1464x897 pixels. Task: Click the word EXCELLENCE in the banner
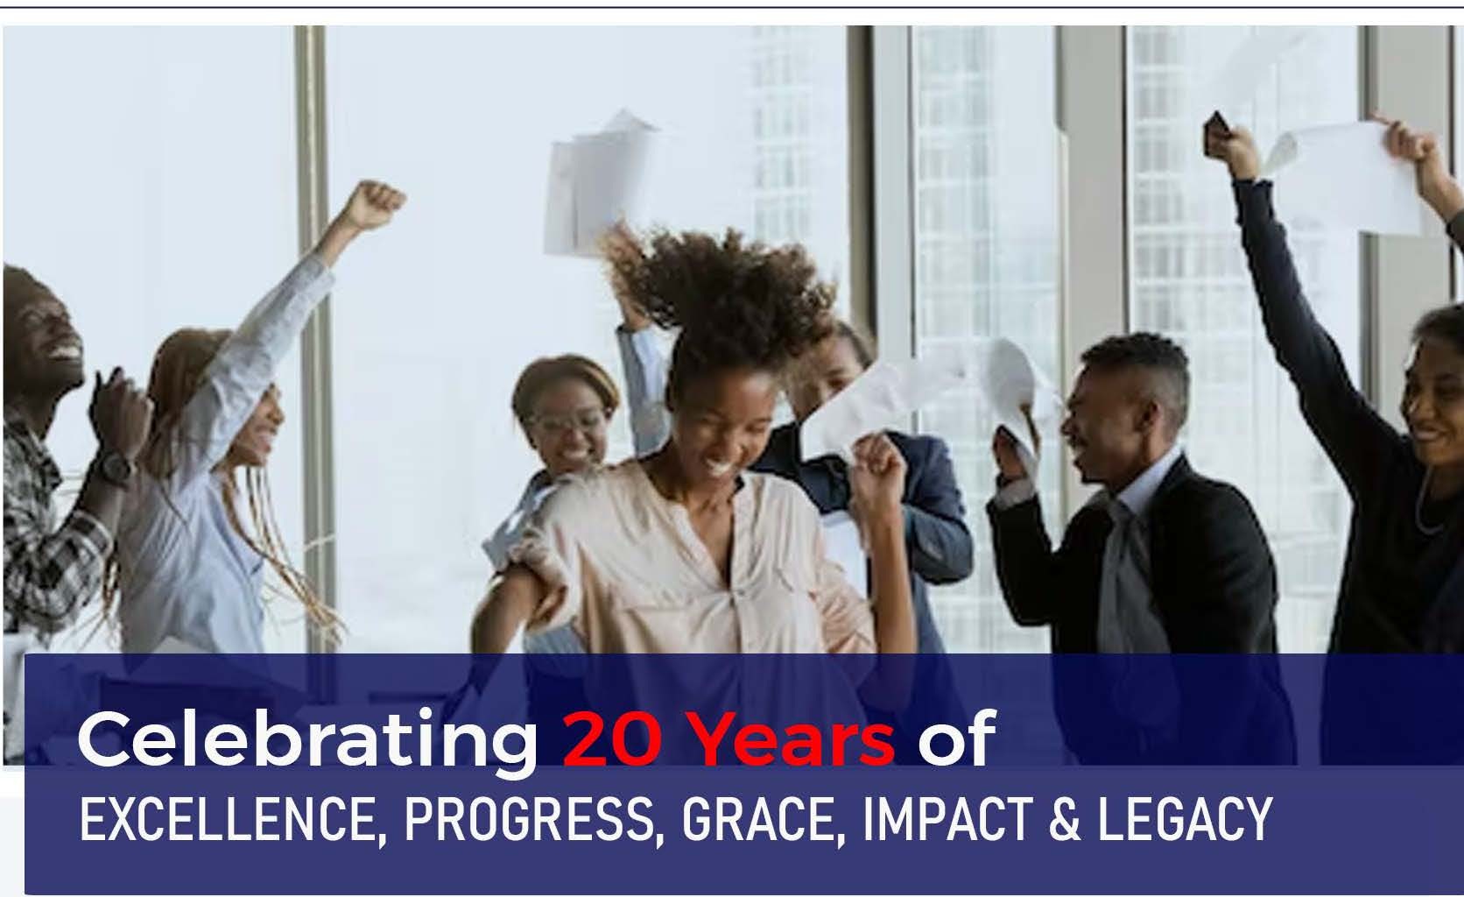click(229, 820)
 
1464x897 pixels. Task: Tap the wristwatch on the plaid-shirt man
click(112, 469)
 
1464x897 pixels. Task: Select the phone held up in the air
click(1216, 134)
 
